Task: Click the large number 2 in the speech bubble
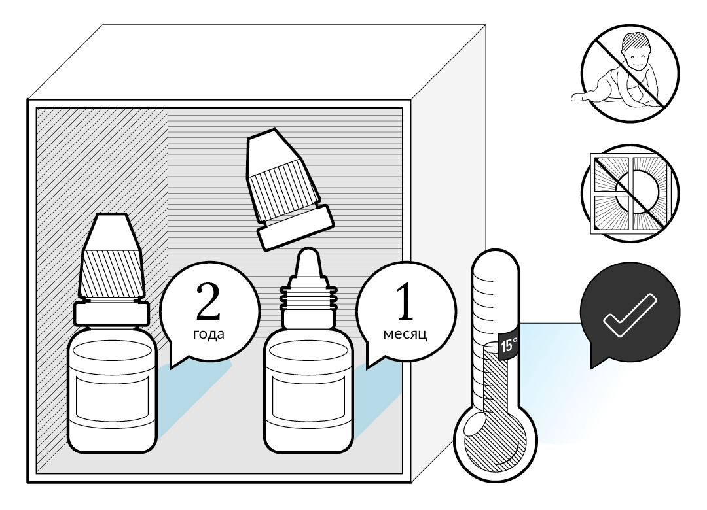(x=208, y=302)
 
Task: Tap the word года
(x=209, y=334)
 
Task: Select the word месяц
(x=405, y=334)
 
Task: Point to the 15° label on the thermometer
(x=509, y=345)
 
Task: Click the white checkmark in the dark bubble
(x=629, y=315)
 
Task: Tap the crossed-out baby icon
(x=630, y=73)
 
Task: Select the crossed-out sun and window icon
(x=630, y=193)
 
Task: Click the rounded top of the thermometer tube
(x=496, y=262)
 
